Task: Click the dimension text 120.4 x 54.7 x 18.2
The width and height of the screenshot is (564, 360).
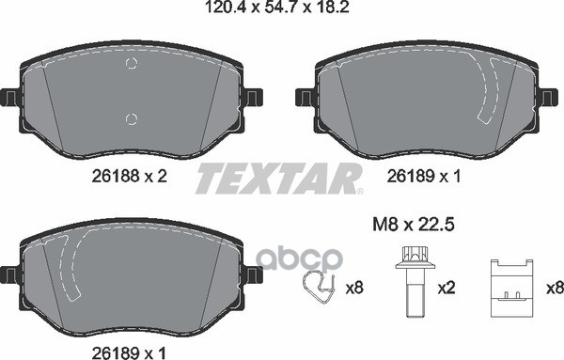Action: click(x=276, y=7)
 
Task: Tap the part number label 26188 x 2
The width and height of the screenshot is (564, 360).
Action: click(x=130, y=176)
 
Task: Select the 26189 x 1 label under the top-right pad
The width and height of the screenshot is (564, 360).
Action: click(x=424, y=176)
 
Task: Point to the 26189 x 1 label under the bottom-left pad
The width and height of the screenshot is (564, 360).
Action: click(x=129, y=353)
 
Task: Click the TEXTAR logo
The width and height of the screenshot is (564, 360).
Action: click(x=279, y=179)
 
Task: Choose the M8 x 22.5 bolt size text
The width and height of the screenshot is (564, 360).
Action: click(x=414, y=226)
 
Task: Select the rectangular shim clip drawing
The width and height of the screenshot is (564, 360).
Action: click(x=512, y=288)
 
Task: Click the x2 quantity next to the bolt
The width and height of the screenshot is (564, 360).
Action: click(x=446, y=288)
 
